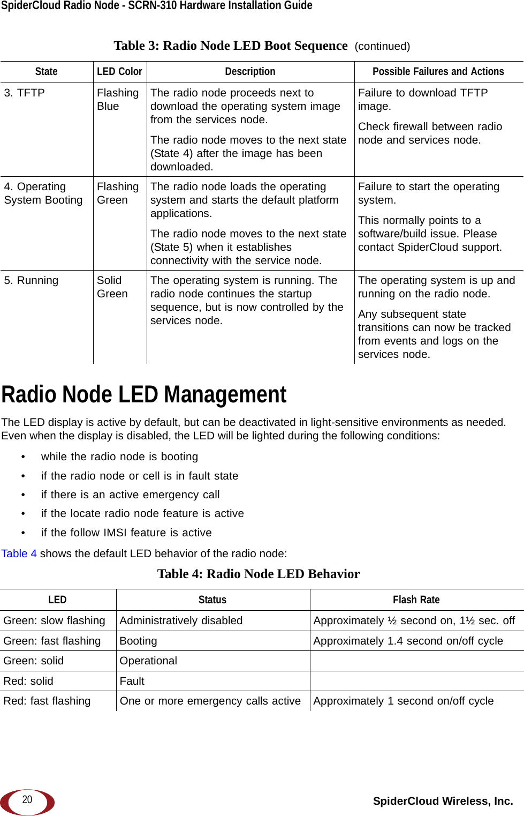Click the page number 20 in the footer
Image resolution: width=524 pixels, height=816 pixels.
point(27,799)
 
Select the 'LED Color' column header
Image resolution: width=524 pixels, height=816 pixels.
point(119,72)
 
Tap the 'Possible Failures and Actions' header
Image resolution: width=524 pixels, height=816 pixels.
point(438,72)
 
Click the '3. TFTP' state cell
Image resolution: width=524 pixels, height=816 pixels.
point(25,93)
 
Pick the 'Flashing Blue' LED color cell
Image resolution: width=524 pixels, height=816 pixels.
point(117,100)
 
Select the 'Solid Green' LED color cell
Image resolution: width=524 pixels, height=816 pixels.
point(112,287)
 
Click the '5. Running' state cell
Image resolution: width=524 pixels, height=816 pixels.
point(31,280)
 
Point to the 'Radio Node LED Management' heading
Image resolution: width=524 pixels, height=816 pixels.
point(144,395)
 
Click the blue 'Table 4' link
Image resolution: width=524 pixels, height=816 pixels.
point(19,553)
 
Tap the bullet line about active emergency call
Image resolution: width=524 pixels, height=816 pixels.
point(130,495)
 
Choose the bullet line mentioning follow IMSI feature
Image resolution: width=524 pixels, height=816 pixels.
point(126,533)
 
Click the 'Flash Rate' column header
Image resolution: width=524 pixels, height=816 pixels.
point(416,600)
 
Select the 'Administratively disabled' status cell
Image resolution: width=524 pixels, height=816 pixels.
point(181,620)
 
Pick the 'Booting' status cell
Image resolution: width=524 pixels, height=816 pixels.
point(138,641)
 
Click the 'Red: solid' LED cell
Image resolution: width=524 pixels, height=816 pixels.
point(28,681)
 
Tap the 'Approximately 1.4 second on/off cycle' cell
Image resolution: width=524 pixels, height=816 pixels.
point(408,641)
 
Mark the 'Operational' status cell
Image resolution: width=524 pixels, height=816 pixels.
point(148,661)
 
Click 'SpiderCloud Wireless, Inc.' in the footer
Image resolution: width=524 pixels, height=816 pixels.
point(443,801)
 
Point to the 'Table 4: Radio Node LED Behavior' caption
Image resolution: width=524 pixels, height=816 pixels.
point(259,574)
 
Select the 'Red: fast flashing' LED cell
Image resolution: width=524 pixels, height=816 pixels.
point(47,701)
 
